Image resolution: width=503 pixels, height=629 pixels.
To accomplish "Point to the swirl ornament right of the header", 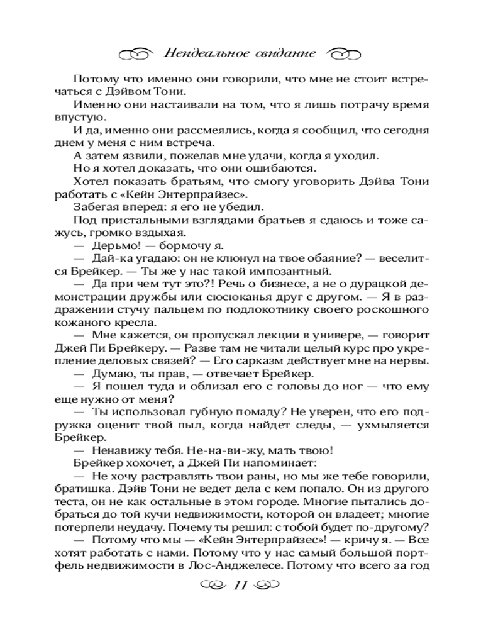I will point(345,53).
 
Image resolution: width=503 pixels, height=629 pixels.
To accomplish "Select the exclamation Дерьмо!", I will point(116,246).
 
